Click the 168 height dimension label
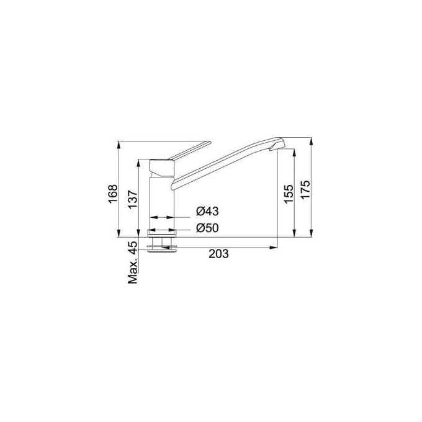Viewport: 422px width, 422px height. (112, 194)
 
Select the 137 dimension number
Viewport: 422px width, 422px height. (132, 200)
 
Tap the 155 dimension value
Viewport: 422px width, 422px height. (288, 194)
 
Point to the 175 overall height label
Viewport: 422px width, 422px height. (305, 190)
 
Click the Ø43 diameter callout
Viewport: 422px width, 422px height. (207, 211)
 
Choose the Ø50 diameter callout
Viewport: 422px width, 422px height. (207, 228)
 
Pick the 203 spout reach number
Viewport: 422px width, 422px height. (218, 254)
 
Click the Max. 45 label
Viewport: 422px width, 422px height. (132, 263)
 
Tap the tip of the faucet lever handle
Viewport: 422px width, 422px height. (210, 142)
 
